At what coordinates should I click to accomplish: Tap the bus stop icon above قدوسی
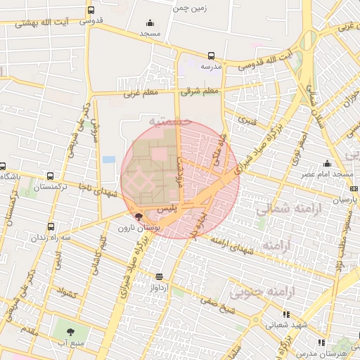(91, 11)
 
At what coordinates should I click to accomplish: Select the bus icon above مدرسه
(212, 56)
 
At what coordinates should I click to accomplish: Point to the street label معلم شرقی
(200, 91)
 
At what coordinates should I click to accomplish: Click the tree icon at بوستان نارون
(137, 217)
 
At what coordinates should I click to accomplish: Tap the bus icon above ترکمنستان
(50, 176)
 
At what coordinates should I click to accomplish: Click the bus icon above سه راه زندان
(51, 227)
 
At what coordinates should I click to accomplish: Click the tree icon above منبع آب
(70, 331)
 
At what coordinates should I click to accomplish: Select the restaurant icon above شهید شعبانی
(285, 314)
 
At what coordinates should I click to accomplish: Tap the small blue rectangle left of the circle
(108, 160)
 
